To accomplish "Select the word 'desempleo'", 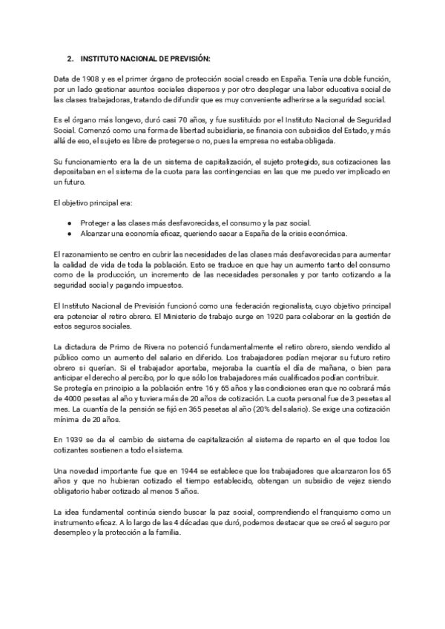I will (75, 534).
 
